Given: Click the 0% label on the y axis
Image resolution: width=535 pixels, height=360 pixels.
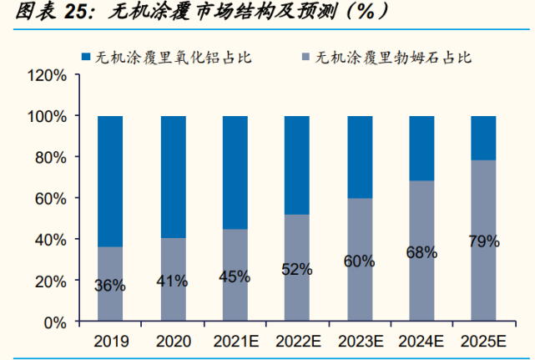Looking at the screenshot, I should coord(55,322).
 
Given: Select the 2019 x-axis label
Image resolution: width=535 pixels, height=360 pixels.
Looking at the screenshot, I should coord(110,341).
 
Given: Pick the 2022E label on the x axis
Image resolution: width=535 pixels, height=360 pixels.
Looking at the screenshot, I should coord(297,341).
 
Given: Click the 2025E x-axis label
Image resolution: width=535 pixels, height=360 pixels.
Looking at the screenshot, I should coord(484,341).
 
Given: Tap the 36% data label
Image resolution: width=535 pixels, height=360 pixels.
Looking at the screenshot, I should coord(110,286).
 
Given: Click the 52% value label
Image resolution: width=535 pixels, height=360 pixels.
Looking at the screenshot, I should coord(297,269).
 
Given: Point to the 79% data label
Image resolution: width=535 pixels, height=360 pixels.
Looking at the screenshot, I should coord(484,242).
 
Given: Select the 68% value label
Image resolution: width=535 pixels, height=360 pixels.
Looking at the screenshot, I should coord(421,252).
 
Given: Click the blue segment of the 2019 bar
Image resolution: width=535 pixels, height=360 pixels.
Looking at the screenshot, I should coord(110,180).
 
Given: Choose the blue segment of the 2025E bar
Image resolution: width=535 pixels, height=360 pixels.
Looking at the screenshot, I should coord(484,137).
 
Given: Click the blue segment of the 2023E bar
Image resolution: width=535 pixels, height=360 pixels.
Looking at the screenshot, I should coord(360,156).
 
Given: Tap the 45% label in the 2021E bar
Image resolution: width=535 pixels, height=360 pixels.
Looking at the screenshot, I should coord(235,276).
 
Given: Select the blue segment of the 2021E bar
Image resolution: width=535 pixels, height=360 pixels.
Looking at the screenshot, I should coord(235,172).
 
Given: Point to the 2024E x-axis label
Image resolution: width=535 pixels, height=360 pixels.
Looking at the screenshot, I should coord(421,341).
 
